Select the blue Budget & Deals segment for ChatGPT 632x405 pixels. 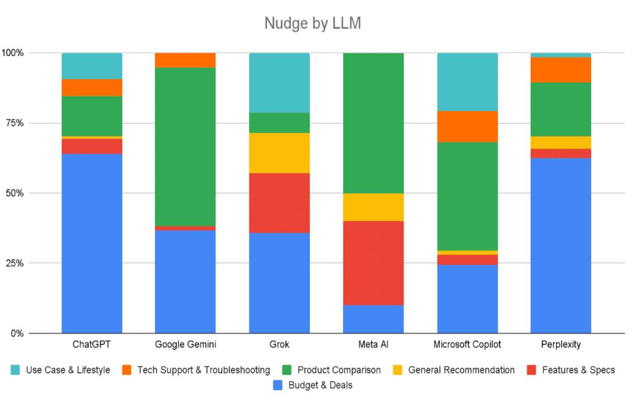click(x=92, y=243)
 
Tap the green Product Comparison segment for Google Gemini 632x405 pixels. click(x=185, y=147)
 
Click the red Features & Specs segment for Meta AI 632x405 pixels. click(x=373, y=263)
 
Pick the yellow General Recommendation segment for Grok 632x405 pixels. click(x=279, y=153)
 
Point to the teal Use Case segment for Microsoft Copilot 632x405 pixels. click(x=467, y=81)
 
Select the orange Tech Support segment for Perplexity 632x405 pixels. click(x=560, y=70)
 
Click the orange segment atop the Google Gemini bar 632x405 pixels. click(x=185, y=60)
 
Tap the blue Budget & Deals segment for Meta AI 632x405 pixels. click(x=373, y=319)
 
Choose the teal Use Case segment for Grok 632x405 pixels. click(x=279, y=83)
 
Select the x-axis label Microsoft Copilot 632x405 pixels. click(x=467, y=345)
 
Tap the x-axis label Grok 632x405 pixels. click(x=279, y=345)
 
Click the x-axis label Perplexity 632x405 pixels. click(x=560, y=345)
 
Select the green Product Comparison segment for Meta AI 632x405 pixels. click(x=373, y=123)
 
